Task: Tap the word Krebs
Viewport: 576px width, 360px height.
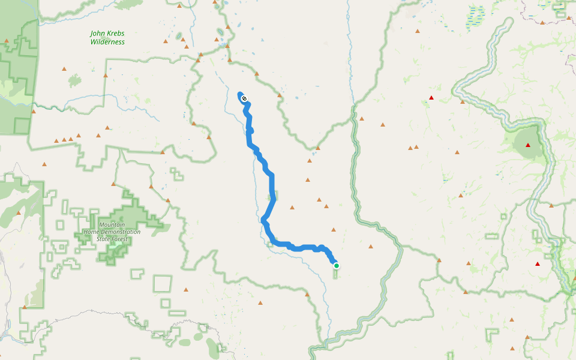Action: pos(116,34)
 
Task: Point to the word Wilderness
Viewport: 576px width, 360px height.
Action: pos(107,42)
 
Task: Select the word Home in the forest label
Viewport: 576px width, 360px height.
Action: pos(91,232)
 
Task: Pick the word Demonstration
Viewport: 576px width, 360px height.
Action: pos(120,232)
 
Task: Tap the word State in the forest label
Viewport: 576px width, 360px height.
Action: pos(104,239)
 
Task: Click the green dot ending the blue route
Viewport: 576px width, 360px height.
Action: pos(337,266)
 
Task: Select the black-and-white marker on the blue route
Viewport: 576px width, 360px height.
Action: pos(244,98)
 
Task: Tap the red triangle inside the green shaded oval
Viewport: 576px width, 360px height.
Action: pos(528,145)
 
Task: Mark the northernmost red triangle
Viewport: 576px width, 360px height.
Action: pos(431,97)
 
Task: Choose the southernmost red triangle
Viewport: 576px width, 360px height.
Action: pos(538,264)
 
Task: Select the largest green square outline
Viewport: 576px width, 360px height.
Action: pos(163,284)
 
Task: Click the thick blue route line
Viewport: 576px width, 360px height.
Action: pos(272,186)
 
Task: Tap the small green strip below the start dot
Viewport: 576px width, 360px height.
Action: pos(335,274)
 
